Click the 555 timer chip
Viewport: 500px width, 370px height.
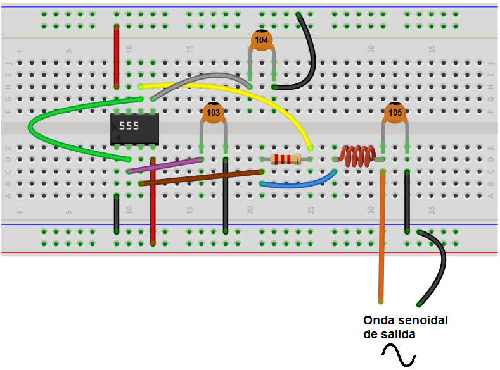[x=134, y=127]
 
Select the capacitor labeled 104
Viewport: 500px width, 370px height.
[x=261, y=39]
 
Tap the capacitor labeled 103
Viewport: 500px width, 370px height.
[x=214, y=113]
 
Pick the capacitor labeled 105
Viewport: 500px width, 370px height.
[x=395, y=113]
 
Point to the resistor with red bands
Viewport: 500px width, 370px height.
[x=286, y=159]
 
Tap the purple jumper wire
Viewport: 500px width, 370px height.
[x=165, y=166]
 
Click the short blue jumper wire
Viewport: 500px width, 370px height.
[x=298, y=185]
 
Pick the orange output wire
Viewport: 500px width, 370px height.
[x=382, y=240]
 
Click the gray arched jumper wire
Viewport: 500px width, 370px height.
[x=203, y=78]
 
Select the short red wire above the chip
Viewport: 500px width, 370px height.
[x=117, y=57]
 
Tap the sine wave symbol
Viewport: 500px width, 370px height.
[x=397, y=355]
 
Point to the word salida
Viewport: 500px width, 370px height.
[x=399, y=334]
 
